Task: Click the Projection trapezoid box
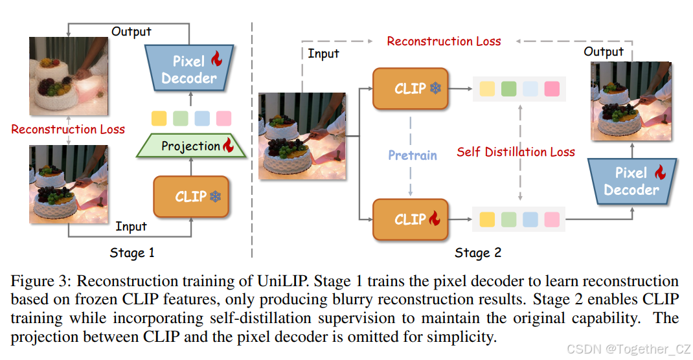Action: click(x=191, y=146)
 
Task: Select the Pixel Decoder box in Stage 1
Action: click(x=189, y=69)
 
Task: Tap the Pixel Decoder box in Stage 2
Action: click(x=631, y=181)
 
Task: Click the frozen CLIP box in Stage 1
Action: click(x=191, y=196)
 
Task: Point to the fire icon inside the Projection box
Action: click(x=228, y=146)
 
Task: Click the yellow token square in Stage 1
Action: click(x=159, y=118)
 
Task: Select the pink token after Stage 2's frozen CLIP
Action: click(x=552, y=88)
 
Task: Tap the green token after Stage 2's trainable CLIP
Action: click(x=508, y=219)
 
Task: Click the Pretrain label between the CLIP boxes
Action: click(x=413, y=155)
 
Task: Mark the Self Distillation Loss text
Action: click(x=516, y=152)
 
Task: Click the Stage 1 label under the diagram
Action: click(x=132, y=253)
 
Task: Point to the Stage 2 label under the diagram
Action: click(x=478, y=253)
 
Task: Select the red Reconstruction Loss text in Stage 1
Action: click(x=68, y=129)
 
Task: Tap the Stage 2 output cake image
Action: click(x=631, y=101)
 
